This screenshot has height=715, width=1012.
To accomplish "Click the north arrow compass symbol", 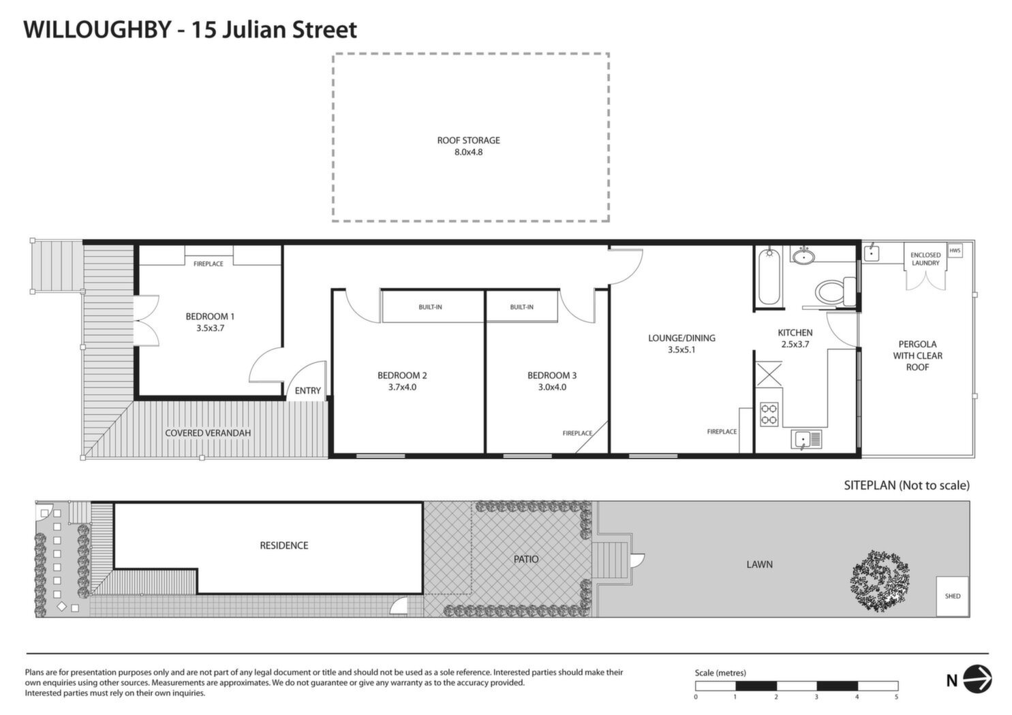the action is coord(977,680).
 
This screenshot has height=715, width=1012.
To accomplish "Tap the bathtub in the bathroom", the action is coord(769,276).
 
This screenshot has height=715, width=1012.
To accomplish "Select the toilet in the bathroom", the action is coord(835,291).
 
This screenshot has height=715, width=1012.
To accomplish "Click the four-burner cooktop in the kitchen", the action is coord(769,415).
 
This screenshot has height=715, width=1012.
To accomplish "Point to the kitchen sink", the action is coord(806,439).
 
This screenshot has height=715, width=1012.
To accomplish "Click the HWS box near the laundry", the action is coord(955,251).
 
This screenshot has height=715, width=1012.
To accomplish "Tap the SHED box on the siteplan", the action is coord(952,597).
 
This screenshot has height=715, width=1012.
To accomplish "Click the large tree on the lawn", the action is coord(880,580).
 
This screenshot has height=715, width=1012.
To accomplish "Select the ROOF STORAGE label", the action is coord(468,140).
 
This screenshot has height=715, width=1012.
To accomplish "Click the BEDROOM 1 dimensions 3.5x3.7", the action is coord(210,328).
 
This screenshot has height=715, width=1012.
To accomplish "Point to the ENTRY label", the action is coord(307,390).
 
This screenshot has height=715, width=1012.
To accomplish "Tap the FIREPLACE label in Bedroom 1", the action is coord(209,264).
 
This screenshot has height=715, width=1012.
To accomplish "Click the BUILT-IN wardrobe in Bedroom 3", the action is coord(521,307).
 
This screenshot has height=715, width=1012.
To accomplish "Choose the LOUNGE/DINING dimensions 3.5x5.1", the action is coord(681,349).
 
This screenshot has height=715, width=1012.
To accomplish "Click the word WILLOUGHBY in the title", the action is coord(97,30).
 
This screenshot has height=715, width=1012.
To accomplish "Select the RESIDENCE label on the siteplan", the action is coord(284,545).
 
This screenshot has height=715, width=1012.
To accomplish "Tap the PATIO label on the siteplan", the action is coord(526,559).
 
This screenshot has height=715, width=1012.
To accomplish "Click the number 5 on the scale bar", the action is coord(896,697).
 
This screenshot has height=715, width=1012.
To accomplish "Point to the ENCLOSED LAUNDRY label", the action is coord(925,259).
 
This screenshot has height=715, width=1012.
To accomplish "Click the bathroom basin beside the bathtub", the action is coord(804,257).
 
